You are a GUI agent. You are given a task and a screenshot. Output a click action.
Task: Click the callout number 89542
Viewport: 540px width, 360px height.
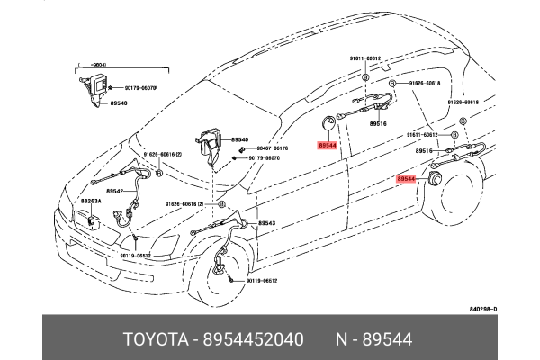tap(114, 191)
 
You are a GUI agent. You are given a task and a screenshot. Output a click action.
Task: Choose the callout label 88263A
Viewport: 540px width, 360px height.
tap(91, 202)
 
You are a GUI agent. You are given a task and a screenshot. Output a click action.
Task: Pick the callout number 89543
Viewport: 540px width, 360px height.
tap(267, 222)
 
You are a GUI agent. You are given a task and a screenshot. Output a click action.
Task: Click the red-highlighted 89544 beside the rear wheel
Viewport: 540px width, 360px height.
tap(407, 180)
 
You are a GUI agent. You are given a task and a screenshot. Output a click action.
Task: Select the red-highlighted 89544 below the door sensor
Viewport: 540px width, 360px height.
tap(328, 145)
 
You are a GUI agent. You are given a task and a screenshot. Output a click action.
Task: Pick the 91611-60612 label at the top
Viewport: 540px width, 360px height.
tap(366, 58)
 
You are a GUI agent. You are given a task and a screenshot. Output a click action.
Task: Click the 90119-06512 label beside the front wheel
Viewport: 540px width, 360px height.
tap(261, 280)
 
